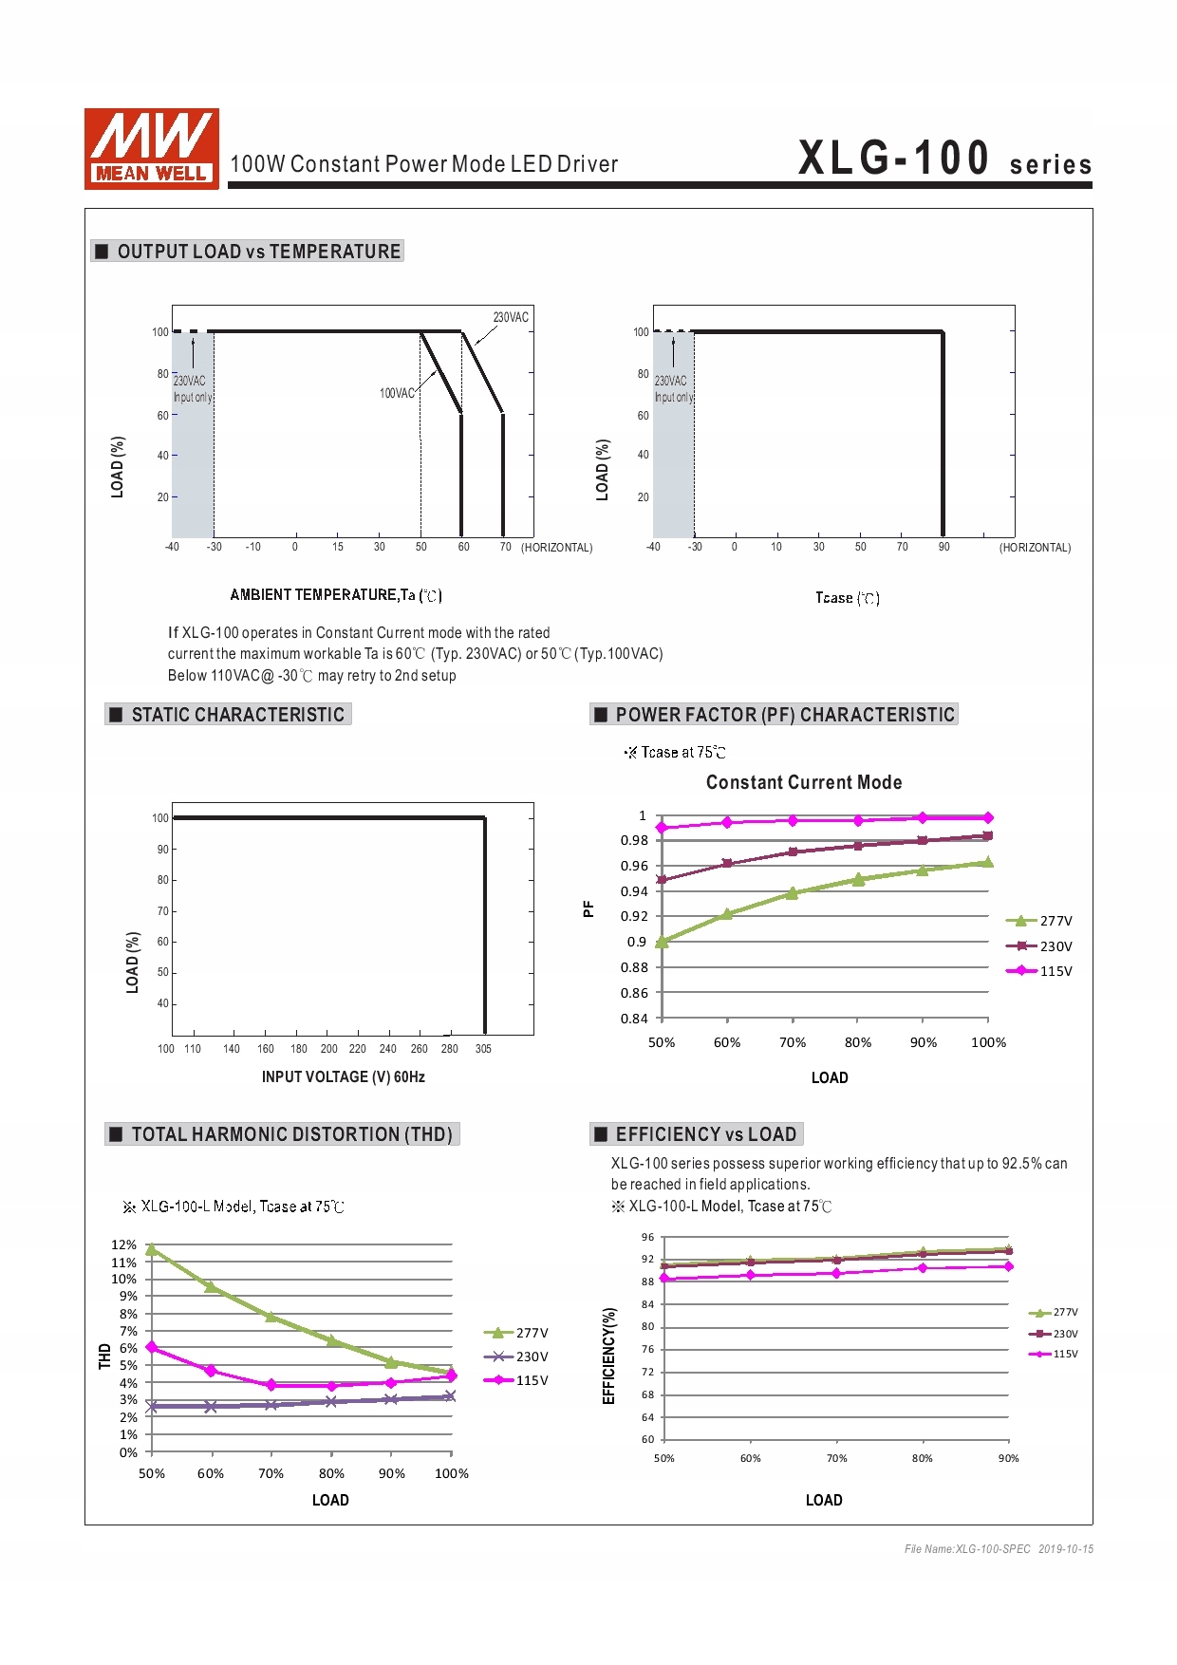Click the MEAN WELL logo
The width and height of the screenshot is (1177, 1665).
[152, 148]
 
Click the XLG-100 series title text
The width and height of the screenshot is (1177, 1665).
[943, 159]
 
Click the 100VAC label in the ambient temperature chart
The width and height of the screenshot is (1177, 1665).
[397, 393]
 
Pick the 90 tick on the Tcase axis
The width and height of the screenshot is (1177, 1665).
[943, 547]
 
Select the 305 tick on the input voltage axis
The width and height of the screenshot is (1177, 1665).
[483, 1049]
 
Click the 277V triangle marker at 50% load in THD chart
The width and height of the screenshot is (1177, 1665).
[152, 1249]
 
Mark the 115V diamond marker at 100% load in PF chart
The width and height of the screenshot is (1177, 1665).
[988, 817]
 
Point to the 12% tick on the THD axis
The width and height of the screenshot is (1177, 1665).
[123, 1244]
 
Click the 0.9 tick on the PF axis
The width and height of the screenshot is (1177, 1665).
[636, 942]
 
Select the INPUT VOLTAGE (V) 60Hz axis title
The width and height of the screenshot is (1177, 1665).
[343, 1076]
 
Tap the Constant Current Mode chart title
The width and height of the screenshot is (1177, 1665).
[804, 782]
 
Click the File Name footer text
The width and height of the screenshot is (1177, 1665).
[999, 1549]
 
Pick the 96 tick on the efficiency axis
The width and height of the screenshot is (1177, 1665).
[647, 1237]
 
